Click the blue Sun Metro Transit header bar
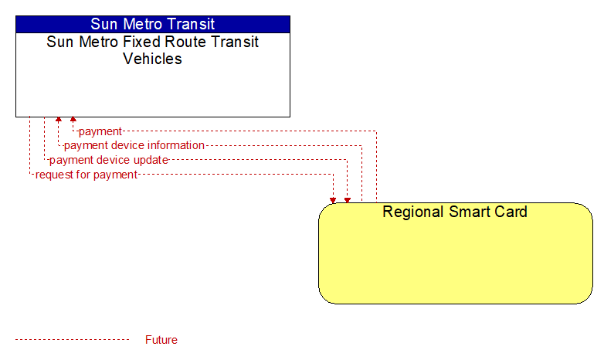(x=153, y=24)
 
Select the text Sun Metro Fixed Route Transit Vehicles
(x=152, y=50)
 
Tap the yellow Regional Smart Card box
(x=456, y=253)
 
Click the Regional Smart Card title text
(x=455, y=212)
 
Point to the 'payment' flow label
(x=100, y=131)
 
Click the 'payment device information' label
(x=134, y=145)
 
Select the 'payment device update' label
(x=109, y=160)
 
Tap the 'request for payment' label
(x=87, y=175)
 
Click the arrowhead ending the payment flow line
(x=73, y=119)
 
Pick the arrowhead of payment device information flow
(x=59, y=119)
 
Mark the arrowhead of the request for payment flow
(x=333, y=200)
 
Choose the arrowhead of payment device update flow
(x=348, y=200)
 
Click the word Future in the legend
(x=161, y=340)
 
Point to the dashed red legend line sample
(x=73, y=340)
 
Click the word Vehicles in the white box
(x=152, y=59)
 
